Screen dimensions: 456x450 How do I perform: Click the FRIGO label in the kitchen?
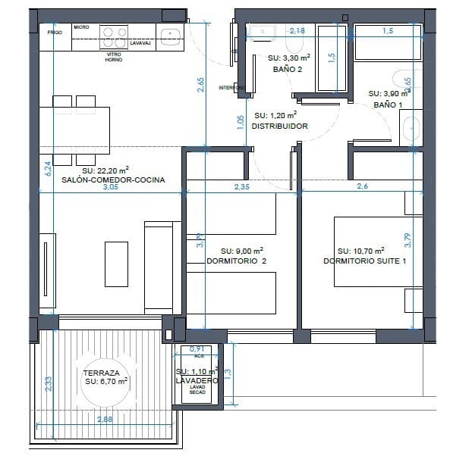point(55,33)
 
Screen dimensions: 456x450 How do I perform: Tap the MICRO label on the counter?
point(81,27)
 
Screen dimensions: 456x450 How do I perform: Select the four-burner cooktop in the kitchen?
point(114,33)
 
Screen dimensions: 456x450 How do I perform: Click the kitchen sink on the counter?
point(169,33)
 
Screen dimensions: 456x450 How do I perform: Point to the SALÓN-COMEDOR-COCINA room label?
point(106,180)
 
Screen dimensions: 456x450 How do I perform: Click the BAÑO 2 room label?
point(288,68)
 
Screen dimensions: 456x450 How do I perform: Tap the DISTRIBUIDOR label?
point(279,126)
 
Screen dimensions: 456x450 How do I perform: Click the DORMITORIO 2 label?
point(237,261)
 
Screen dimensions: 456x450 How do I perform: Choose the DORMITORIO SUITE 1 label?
point(360,261)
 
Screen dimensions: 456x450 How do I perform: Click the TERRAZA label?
point(100,373)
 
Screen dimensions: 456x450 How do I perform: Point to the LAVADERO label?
point(196,381)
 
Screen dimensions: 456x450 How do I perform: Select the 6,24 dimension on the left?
point(48,168)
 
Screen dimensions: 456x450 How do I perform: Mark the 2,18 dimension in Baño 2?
point(297,30)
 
